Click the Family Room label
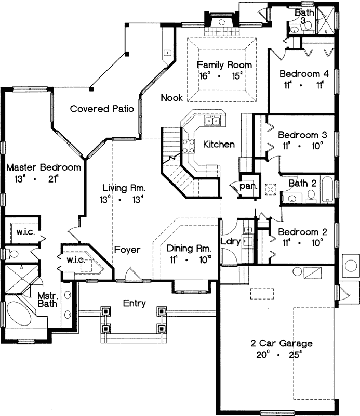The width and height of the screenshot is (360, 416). click(x=225, y=65)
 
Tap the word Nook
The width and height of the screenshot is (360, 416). click(x=171, y=97)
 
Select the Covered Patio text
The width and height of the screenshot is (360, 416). click(x=102, y=109)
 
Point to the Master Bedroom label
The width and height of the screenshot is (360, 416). click(x=44, y=167)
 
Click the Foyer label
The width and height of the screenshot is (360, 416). click(x=128, y=250)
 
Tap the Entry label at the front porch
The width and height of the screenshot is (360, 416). click(x=134, y=303)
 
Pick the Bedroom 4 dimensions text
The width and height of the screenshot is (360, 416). click(x=304, y=83)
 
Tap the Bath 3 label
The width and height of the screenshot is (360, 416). click(x=303, y=16)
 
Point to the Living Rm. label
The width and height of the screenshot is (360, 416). click(x=124, y=188)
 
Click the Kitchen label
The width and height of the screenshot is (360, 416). click(x=219, y=144)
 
